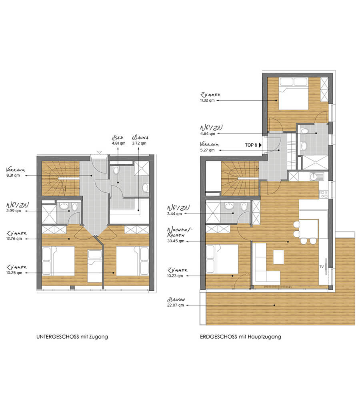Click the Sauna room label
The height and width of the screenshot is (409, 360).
point(140,138)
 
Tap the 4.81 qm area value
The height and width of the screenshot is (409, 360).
point(118,143)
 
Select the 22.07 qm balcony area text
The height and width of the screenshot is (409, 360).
point(176,305)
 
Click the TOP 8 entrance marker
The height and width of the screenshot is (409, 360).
point(253,145)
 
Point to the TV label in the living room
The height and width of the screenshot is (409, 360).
point(321,267)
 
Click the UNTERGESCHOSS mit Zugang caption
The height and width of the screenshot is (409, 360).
point(72,337)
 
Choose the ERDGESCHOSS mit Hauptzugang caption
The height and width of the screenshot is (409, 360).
point(240,337)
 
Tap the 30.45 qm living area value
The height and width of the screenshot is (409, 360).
point(176,241)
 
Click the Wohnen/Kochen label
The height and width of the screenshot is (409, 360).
point(180,232)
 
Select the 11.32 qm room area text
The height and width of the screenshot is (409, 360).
point(207,100)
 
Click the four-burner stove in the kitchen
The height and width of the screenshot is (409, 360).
point(324,194)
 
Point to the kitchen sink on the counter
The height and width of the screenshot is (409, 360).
point(317,177)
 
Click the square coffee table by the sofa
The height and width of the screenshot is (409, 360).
point(278,257)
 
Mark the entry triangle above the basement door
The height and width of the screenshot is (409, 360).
point(99,152)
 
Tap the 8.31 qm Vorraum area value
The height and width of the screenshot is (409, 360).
point(13,176)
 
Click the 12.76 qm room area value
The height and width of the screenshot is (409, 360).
point(14,239)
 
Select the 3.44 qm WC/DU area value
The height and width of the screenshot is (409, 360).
point(174,213)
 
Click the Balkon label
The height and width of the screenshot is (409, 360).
point(176,300)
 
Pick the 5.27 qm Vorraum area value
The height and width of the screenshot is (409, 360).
point(207,150)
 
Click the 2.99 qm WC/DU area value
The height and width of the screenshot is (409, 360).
point(14,211)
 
